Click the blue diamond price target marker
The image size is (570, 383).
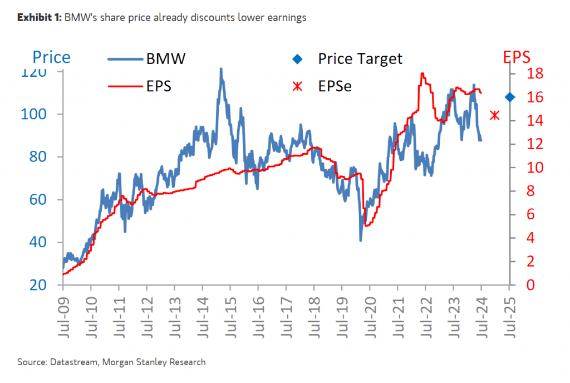(x=510, y=97)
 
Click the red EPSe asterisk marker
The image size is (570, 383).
(x=494, y=116)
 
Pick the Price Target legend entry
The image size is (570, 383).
(x=360, y=58)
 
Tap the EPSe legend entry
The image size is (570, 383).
(x=335, y=86)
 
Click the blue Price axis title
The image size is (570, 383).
(x=51, y=57)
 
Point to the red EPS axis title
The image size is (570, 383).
(x=516, y=57)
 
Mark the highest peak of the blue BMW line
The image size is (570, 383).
(x=221, y=69)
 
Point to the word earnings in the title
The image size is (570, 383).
(x=287, y=18)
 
